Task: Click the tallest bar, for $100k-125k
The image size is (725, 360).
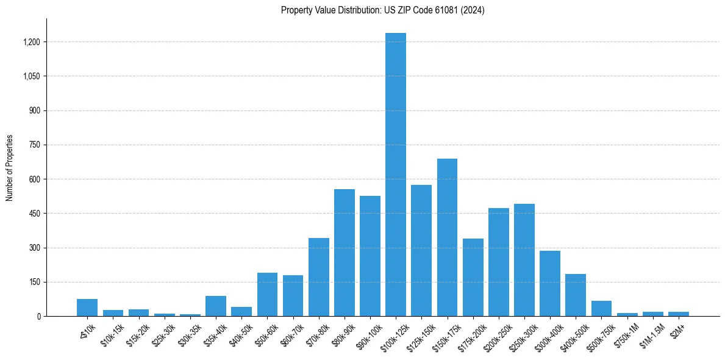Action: click(x=396, y=175)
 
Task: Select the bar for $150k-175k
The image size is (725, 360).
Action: click(x=447, y=237)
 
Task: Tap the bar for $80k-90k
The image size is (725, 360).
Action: click(x=345, y=253)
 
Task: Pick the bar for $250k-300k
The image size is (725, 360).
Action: click(x=524, y=260)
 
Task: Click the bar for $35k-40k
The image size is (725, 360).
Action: click(x=216, y=306)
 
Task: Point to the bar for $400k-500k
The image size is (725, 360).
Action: click(x=576, y=295)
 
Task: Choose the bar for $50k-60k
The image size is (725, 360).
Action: click(x=267, y=295)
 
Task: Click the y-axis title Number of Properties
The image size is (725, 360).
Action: click(x=10, y=168)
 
